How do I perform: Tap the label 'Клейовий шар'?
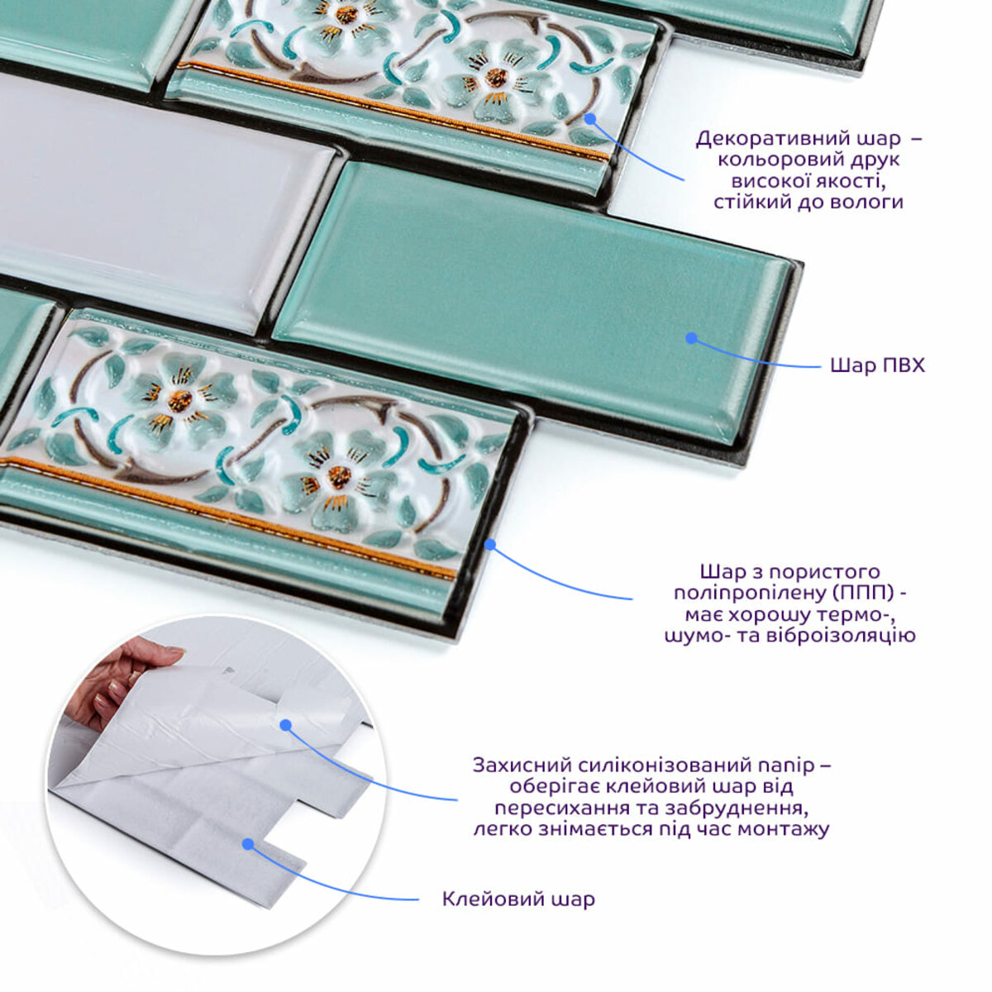[x=518, y=899]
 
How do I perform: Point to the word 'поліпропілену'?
[x=750, y=593]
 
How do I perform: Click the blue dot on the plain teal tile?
[x=691, y=338]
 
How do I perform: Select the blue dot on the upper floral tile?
[x=590, y=119]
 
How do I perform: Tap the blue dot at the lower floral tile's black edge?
[x=490, y=544]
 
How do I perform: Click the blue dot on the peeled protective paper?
[x=286, y=725]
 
